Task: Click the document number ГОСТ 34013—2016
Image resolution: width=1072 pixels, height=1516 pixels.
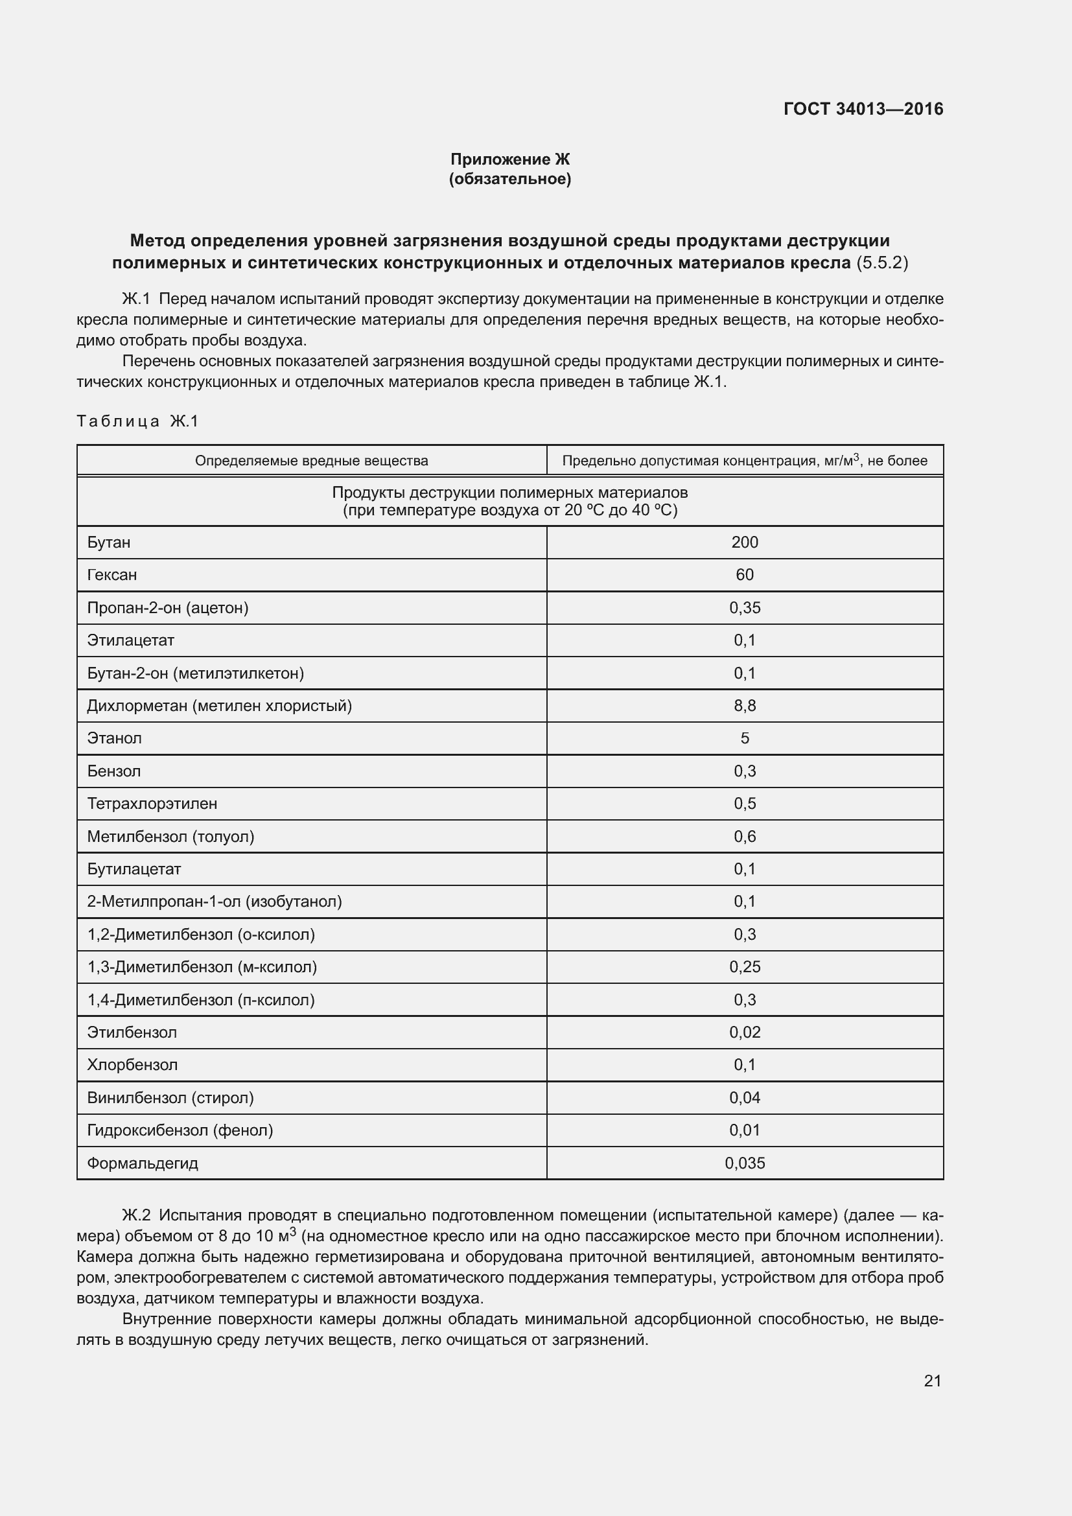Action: click(x=863, y=109)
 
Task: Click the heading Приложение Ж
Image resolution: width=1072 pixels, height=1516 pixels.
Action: click(x=509, y=159)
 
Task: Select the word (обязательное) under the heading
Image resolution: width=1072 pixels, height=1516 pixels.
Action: click(x=509, y=179)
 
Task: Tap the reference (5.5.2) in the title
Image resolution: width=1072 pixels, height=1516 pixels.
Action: click(x=882, y=262)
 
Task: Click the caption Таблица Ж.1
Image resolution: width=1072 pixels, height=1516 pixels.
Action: click(x=137, y=421)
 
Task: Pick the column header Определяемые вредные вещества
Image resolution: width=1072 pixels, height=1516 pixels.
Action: click(x=312, y=461)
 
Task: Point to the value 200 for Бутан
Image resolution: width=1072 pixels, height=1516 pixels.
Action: click(x=745, y=542)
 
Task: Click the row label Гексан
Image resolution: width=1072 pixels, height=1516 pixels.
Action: click(x=112, y=574)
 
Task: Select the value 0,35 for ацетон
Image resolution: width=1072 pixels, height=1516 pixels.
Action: click(x=745, y=607)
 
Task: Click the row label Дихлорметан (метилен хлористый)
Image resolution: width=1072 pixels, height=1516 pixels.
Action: click(x=219, y=706)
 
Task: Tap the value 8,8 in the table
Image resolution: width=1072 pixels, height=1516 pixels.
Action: click(x=745, y=706)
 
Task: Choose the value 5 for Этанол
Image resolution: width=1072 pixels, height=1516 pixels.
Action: click(x=745, y=738)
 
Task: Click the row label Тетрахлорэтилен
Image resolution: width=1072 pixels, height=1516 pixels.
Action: click(x=152, y=804)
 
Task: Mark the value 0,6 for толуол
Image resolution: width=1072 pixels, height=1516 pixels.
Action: click(x=745, y=837)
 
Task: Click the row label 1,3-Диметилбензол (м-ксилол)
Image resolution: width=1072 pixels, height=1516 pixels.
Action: click(x=202, y=967)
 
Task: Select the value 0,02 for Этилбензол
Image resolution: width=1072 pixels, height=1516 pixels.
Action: click(x=745, y=1032)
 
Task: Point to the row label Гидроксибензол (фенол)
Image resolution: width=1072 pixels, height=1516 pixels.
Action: click(x=180, y=1130)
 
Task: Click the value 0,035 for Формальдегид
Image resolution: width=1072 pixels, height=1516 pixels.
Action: click(x=745, y=1163)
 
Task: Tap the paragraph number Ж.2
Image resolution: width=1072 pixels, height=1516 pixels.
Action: click(x=137, y=1215)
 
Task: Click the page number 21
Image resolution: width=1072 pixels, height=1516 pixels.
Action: click(x=932, y=1381)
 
